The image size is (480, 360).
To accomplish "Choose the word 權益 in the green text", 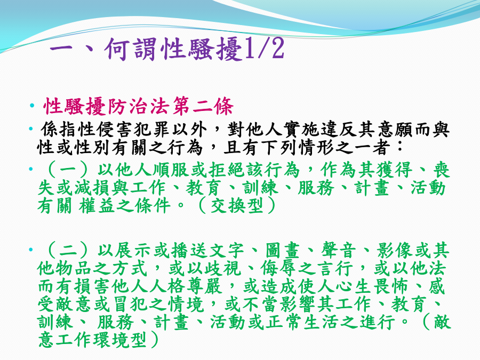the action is (97, 205).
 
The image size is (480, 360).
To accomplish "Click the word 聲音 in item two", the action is (338, 251).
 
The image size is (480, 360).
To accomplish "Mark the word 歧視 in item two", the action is (222, 268).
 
